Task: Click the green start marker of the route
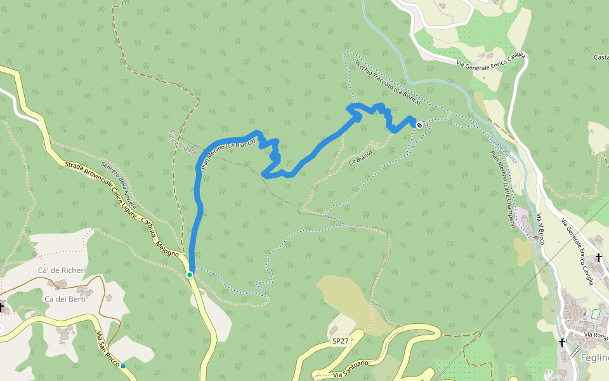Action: pos(190,274)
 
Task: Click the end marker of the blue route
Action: pos(419,125)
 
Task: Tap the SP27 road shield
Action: pos(341,341)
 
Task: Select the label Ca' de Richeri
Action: pos(62,271)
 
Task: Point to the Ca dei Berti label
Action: pos(65,298)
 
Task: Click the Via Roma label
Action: pos(596,335)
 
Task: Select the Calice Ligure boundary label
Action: pos(183,142)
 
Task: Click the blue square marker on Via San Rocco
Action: pos(123,366)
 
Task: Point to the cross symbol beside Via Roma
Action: pos(562,342)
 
